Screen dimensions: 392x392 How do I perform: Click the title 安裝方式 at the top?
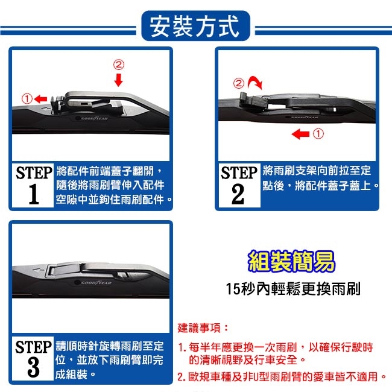tap(195, 27)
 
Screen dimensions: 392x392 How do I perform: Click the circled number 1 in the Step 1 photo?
tap(27, 99)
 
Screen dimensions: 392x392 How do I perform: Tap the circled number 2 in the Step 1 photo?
tap(118, 65)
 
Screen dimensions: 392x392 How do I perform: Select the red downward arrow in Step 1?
tap(118, 80)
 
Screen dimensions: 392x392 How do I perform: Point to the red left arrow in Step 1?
tap(41, 99)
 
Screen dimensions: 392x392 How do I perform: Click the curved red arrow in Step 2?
tap(255, 83)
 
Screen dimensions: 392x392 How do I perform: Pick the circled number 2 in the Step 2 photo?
tap(238, 83)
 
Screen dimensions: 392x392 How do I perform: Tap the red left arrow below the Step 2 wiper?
tap(300, 134)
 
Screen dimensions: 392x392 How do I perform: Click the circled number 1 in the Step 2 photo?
tap(318, 134)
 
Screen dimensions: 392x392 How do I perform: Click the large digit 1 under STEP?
tap(34, 194)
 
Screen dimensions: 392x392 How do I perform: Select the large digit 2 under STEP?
tap(238, 194)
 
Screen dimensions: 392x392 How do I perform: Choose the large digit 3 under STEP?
tap(34, 367)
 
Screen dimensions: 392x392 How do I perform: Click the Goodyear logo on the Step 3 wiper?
tap(93, 282)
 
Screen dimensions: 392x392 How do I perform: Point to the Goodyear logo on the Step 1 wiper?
tap(92, 118)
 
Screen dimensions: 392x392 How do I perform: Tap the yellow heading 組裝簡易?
tap(291, 262)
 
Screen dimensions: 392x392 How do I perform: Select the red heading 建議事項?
tap(199, 327)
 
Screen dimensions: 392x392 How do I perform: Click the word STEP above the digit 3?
tap(34, 347)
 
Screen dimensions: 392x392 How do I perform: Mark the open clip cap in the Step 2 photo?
tap(252, 101)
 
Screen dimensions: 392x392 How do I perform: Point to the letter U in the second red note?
tap(256, 377)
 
